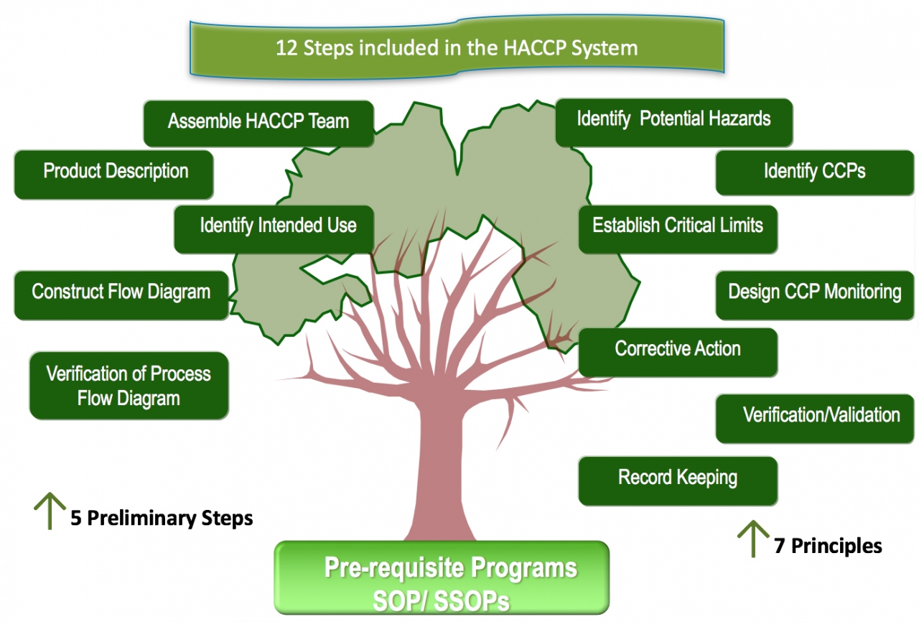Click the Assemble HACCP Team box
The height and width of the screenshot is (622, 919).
(258, 122)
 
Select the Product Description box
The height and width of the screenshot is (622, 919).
(114, 172)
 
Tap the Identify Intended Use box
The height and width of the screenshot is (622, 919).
(277, 227)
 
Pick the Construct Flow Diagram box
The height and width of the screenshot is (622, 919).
(121, 293)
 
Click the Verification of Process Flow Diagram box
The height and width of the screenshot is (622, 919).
(129, 386)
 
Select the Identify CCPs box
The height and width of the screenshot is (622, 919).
(814, 172)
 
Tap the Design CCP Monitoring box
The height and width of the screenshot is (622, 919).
(814, 293)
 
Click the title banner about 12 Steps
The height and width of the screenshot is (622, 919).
(457, 48)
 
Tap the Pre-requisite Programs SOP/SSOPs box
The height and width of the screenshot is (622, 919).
(442, 579)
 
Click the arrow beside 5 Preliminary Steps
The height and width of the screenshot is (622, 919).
(50, 511)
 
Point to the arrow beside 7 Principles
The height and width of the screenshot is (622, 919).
(754, 539)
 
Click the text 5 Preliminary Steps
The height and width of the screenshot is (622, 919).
(162, 519)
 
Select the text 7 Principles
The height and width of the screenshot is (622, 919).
(828, 547)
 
